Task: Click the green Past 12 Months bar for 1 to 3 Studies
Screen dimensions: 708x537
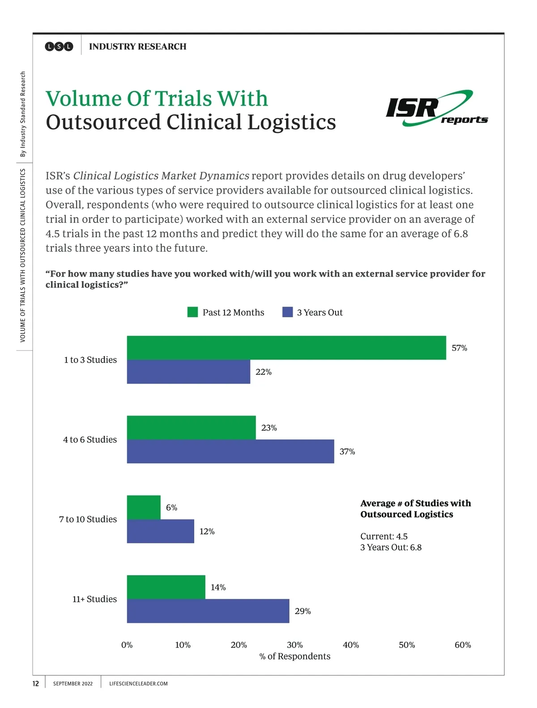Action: click(286, 348)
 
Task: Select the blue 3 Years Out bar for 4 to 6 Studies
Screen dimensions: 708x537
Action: click(230, 451)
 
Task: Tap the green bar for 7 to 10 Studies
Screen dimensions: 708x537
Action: click(144, 507)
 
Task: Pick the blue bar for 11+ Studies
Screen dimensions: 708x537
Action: click(208, 611)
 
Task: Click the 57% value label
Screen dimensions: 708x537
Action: click(459, 348)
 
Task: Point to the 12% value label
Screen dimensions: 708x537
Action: click(207, 531)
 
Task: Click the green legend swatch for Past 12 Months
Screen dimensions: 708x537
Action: click(192, 312)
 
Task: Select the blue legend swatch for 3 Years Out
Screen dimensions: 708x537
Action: click(287, 312)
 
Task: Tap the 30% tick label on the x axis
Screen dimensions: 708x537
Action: click(294, 645)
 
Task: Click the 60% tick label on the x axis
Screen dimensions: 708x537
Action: click(463, 645)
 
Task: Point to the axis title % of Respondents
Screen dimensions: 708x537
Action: click(295, 656)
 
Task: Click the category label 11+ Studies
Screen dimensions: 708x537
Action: click(94, 599)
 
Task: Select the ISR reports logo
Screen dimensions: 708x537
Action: click(436, 109)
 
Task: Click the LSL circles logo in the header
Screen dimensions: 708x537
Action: click(59, 47)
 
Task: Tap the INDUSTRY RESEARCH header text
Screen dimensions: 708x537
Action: click(137, 47)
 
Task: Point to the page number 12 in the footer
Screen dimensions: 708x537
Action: click(36, 683)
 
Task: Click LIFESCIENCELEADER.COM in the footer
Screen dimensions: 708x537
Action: click(138, 683)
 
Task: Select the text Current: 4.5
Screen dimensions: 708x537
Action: click(384, 536)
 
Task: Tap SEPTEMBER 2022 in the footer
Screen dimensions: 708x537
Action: click(73, 683)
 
